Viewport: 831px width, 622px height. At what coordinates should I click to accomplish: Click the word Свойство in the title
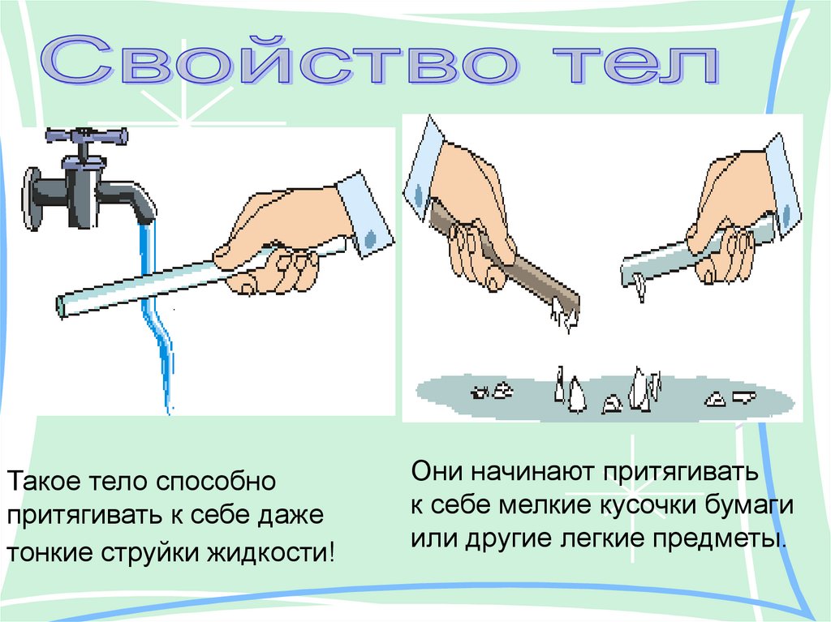coord(280,60)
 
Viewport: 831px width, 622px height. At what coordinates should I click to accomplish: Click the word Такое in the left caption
coord(44,482)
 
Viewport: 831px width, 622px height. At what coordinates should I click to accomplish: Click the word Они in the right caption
coord(437,470)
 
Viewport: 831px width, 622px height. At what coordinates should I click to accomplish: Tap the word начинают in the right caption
coord(532,471)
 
